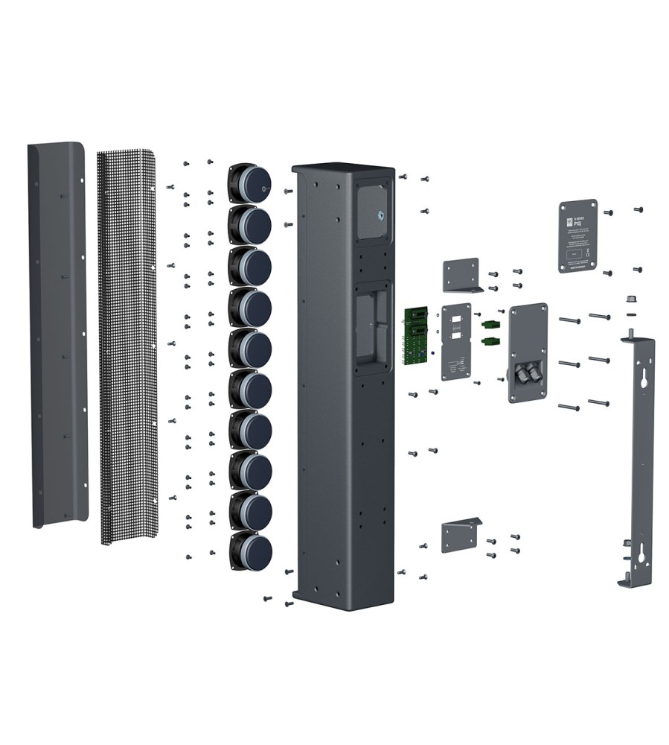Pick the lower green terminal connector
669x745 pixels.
[490, 342]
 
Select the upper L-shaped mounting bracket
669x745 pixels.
[461, 275]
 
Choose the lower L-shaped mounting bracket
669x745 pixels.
[460, 535]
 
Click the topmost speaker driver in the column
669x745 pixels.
[251, 183]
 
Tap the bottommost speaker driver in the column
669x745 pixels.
[251, 550]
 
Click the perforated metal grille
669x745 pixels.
[128, 343]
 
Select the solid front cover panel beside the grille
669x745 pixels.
[57, 335]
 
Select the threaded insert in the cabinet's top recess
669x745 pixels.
[380, 215]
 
